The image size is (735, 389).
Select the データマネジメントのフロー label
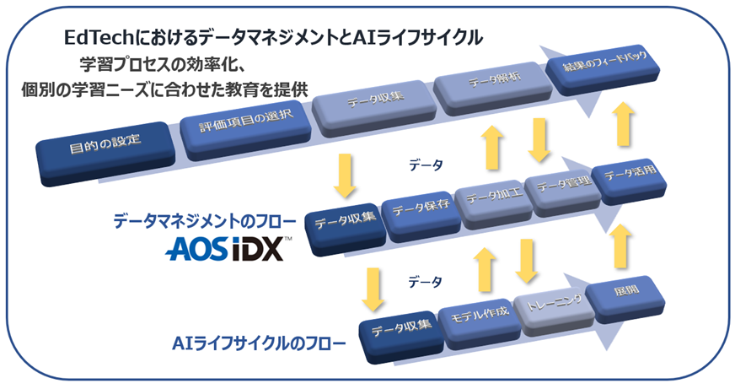tap(204, 222)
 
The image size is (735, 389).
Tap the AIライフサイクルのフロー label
tap(258, 343)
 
